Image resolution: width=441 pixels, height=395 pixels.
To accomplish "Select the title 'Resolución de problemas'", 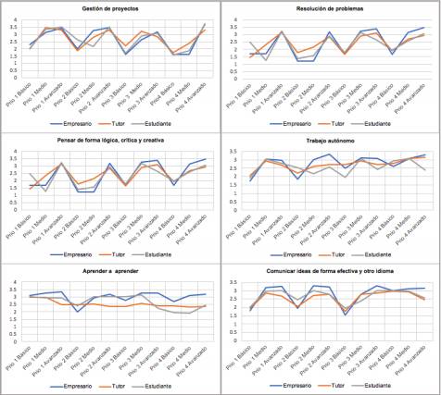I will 330,7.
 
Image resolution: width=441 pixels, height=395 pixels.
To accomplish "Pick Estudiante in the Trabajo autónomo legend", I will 382,253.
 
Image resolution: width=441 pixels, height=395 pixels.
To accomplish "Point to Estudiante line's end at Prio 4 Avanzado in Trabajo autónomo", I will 426,169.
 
